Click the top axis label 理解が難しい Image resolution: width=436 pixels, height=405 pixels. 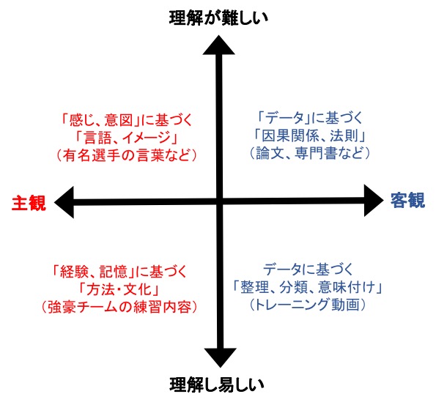[x=218, y=18]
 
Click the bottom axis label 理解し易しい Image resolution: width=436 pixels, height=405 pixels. [x=217, y=385]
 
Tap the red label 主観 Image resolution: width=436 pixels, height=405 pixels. [x=29, y=203]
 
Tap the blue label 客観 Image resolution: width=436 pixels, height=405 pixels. [x=408, y=200]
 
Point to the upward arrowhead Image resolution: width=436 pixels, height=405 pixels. [x=219, y=45]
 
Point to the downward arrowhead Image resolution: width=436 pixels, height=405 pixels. [x=221, y=357]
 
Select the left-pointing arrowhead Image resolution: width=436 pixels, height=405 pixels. [x=64, y=202]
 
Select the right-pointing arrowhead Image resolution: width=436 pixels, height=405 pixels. [x=374, y=201]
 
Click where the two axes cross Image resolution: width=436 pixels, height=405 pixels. [x=220, y=201]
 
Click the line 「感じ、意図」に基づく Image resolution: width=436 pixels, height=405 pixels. [x=127, y=121]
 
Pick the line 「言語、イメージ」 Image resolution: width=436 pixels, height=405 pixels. [x=127, y=138]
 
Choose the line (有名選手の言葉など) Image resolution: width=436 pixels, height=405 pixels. [x=127, y=155]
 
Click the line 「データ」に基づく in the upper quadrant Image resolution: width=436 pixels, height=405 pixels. [x=310, y=118]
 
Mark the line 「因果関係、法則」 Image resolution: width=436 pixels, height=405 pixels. [x=310, y=135]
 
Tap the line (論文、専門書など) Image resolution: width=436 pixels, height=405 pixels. [x=310, y=153]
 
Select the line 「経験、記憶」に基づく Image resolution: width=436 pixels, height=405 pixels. [x=119, y=272]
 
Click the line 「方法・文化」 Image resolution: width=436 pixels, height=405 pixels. [x=119, y=289]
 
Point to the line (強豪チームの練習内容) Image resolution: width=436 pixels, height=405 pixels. [x=119, y=307]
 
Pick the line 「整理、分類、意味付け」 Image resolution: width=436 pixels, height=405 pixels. [x=307, y=287]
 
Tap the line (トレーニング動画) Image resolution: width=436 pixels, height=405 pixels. [x=307, y=305]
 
